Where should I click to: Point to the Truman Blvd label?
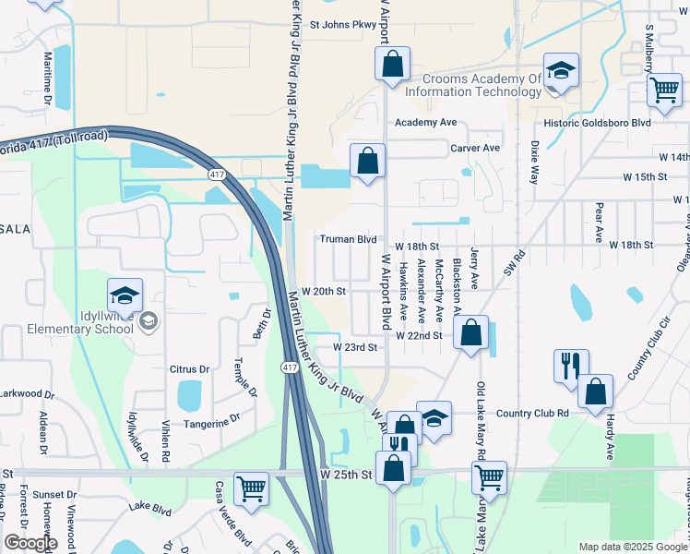(348, 239)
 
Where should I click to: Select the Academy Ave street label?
(425, 123)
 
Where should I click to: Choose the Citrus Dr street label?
(191, 369)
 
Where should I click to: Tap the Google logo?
(31, 543)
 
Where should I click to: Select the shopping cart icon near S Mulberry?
(663, 90)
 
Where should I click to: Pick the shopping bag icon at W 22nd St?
(470, 334)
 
